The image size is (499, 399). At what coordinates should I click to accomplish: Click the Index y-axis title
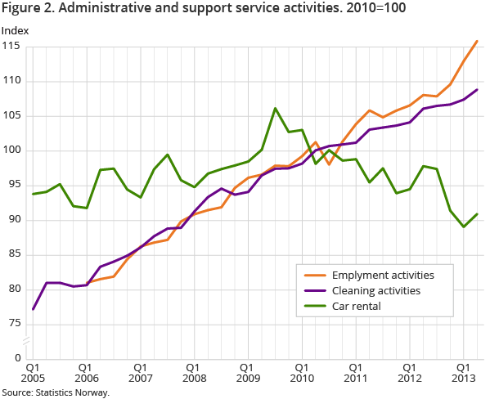click(x=16, y=31)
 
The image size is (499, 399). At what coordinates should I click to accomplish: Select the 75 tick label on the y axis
click(x=16, y=324)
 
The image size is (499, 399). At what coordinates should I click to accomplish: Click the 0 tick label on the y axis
click(x=19, y=358)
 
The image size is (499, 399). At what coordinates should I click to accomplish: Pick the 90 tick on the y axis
click(x=16, y=220)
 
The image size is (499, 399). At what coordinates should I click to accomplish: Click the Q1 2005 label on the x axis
click(x=33, y=374)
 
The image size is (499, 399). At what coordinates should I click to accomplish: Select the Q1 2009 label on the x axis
click(x=247, y=374)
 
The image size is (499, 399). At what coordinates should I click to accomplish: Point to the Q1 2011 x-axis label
click(x=355, y=374)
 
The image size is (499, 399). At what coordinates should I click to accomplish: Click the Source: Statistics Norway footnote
click(x=56, y=392)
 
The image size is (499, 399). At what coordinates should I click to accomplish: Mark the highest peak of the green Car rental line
click(x=275, y=108)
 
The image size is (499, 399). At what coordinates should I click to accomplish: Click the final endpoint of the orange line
click(x=478, y=41)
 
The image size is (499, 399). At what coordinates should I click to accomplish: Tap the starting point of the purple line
click(x=33, y=309)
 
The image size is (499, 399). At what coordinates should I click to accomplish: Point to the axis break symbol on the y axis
click(x=26, y=339)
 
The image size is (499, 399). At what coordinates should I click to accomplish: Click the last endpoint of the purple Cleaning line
click(x=478, y=90)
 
